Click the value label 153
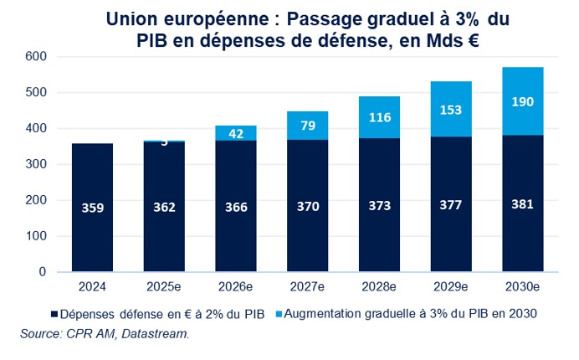click(450, 110)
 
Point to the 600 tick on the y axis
click(34, 56)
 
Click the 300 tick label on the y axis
click(34, 164)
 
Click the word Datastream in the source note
click(158, 334)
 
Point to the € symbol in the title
click(472, 40)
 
